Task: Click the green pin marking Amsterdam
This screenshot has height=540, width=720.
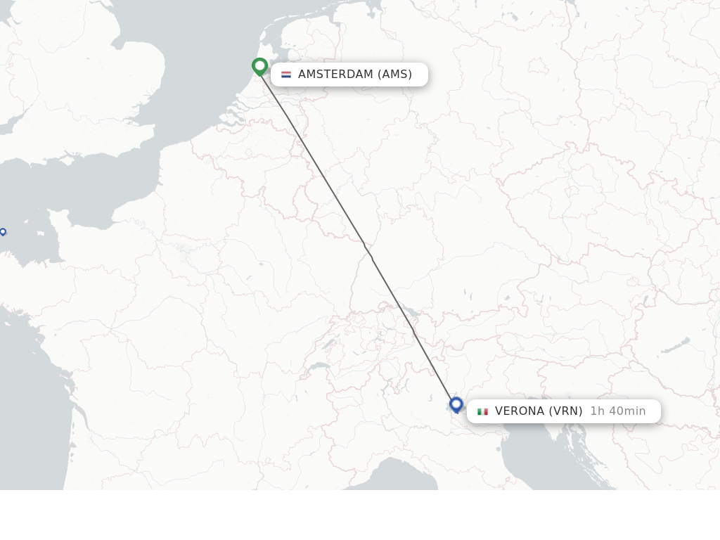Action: coord(260,66)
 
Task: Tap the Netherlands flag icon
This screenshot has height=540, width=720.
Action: coord(286,75)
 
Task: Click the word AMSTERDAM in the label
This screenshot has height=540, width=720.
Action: coord(335,75)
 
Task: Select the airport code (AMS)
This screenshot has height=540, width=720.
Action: coord(394,75)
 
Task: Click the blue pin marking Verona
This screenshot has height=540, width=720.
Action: coord(456,404)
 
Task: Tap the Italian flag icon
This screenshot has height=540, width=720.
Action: coord(482,411)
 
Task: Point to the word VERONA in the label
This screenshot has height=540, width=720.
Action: coord(519,411)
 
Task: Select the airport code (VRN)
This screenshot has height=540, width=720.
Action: coord(566,411)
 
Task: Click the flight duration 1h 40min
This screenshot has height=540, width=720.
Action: coord(617,411)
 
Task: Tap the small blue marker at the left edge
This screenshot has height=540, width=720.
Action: coord(3,231)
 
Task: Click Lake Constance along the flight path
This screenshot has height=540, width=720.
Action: coord(410,311)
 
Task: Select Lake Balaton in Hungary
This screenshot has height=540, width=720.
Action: coord(676,345)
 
